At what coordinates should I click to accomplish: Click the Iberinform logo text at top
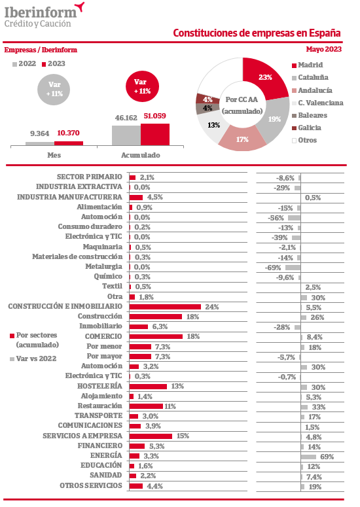[41, 12]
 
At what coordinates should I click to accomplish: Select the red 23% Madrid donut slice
[264, 79]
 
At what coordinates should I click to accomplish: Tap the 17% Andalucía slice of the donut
[242, 139]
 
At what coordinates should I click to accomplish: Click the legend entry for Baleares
[310, 115]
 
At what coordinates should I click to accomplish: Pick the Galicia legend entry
[306, 128]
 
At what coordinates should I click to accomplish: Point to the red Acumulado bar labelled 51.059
[155, 135]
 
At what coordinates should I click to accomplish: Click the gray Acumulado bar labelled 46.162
[126, 135]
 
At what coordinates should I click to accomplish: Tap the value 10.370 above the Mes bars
[68, 133]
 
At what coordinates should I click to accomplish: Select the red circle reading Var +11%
[142, 86]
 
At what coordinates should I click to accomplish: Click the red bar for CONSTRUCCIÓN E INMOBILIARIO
[165, 307]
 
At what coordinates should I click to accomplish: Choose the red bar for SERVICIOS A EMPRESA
[151, 436]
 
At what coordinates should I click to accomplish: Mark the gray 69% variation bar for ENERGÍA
[308, 457]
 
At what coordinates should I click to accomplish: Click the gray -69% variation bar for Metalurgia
[293, 268]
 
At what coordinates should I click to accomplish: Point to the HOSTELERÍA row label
[99, 386]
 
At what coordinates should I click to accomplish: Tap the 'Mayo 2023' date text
[324, 49]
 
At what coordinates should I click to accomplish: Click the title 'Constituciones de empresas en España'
[257, 33]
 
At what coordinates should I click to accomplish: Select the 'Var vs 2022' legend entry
[33, 358]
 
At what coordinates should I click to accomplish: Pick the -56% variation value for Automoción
[276, 218]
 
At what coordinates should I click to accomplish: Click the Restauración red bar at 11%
[146, 406]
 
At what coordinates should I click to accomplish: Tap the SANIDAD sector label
[106, 476]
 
